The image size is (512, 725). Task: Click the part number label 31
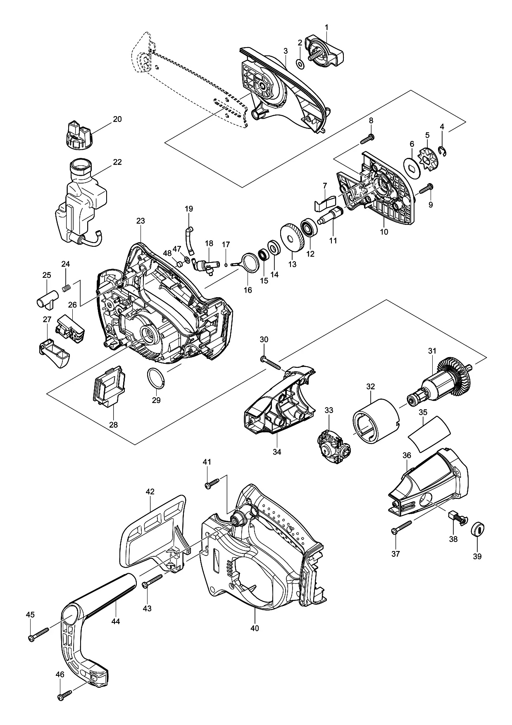[432, 351]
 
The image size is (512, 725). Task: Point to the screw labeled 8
[367, 138]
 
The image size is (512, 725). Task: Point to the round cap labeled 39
[479, 529]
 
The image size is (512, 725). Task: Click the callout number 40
[255, 639]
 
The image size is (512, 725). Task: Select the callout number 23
[141, 221]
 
